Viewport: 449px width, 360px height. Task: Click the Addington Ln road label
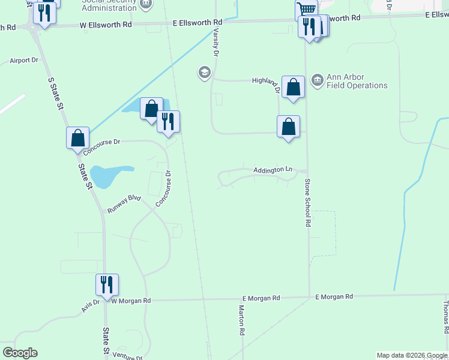tap(273, 170)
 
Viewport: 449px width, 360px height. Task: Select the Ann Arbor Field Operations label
tap(357, 82)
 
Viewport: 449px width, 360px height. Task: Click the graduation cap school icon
tap(204, 73)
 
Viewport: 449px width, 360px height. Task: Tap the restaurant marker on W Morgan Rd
tap(107, 285)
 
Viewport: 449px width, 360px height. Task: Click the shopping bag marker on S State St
tap(78, 138)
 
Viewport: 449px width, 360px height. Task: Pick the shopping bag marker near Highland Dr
tap(293, 87)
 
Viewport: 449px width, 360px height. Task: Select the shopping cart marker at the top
tap(306, 9)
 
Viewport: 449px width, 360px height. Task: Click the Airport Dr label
tap(24, 61)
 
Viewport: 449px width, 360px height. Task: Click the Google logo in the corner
tap(20, 353)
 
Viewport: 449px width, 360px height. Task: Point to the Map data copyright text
tap(411, 355)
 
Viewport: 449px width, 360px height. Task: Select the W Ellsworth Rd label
tap(106, 25)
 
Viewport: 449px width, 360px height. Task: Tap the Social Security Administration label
tap(109, 5)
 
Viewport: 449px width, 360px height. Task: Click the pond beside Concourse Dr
tap(106, 175)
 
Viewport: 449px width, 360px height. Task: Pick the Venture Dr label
tap(127, 356)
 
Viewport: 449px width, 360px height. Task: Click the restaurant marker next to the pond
tap(168, 122)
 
